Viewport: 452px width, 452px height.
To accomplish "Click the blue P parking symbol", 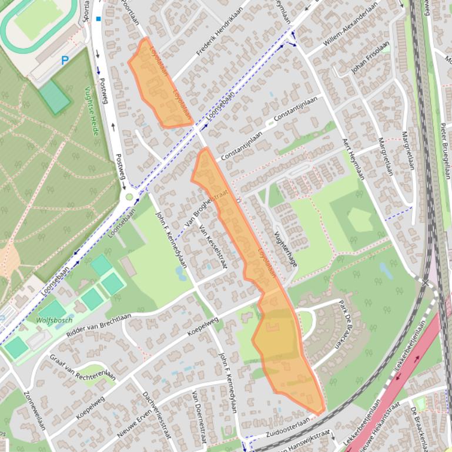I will [65, 60].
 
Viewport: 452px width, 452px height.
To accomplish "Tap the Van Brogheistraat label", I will [199, 211].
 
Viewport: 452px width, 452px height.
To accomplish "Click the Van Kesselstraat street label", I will [213, 247].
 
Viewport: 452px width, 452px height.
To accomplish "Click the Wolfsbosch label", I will [54, 321].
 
